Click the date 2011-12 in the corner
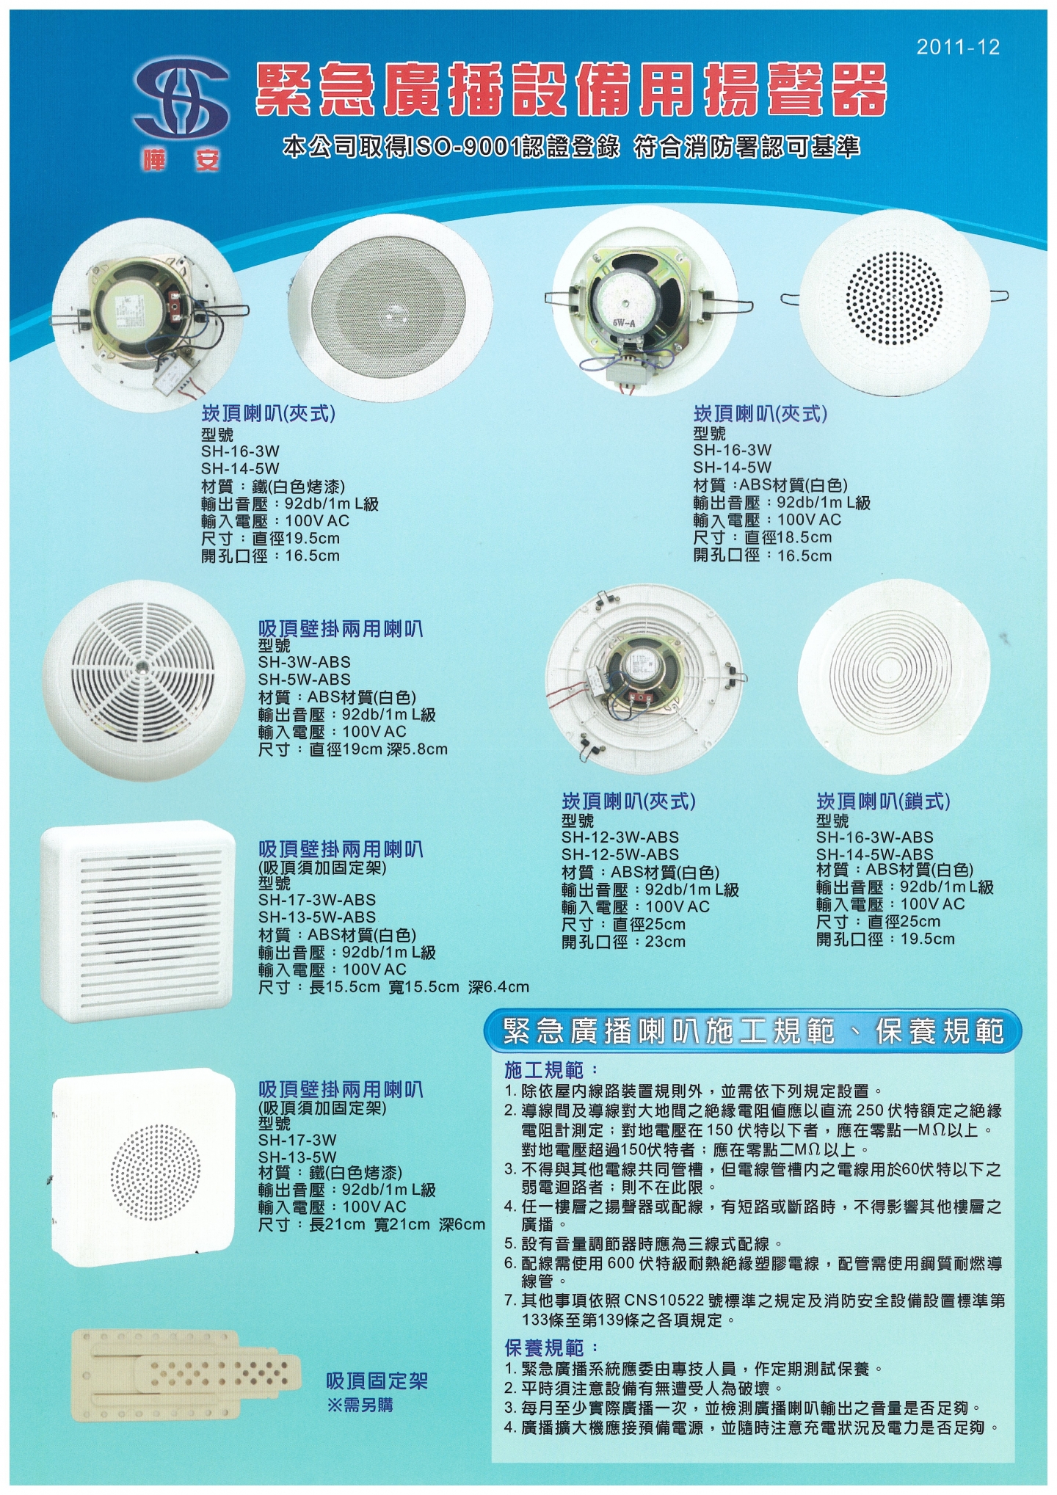pos(958,48)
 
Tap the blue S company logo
pos(181,103)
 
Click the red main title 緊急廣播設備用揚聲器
pos(571,90)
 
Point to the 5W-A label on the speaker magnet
pos(625,320)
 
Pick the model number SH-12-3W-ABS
pos(620,837)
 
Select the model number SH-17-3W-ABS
pos(317,900)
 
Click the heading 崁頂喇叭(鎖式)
pos(883,801)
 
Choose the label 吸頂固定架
pos(377,1381)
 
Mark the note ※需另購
pos(360,1405)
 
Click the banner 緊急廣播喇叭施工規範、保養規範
pos(753,1031)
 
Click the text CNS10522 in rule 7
pos(664,1301)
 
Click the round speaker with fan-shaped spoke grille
pos(143,680)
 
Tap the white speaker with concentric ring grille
pos(894,676)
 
